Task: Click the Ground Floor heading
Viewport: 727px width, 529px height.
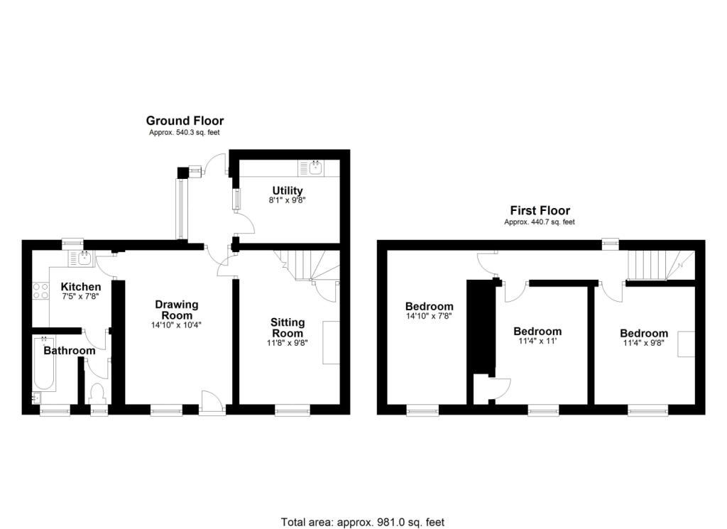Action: click(185, 121)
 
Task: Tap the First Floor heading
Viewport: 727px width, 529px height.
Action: click(540, 210)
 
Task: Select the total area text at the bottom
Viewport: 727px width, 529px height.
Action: click(363, 522)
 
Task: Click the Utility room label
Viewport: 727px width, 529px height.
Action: click(288, 190)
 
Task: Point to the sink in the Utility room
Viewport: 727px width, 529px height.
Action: click(315, 168)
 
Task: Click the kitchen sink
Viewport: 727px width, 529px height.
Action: click(84, 258)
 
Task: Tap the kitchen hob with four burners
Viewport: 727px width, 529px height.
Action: click(39, 292)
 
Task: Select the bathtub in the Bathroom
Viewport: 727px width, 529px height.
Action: click(44, 365)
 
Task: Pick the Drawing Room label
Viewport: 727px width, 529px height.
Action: click(177, 310)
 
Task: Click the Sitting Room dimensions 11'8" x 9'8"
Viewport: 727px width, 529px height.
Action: click(287, 343)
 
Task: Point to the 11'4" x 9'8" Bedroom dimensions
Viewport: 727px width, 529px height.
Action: click(643, 344)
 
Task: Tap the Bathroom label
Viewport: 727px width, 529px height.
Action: click(69, 350)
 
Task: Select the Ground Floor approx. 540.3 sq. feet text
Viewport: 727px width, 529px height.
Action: click(185, 132)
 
